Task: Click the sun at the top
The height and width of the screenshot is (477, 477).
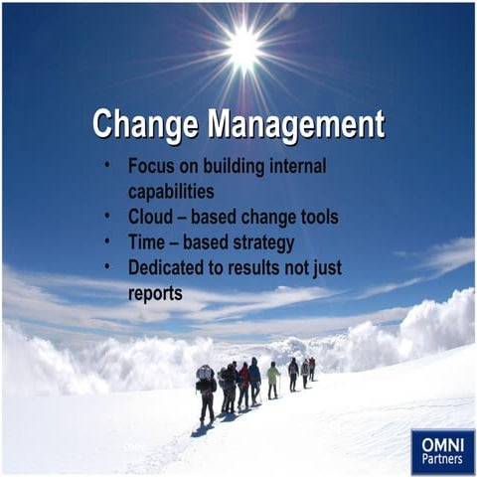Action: click(x=241, y=45)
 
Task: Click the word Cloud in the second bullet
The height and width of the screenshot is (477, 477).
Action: click(x=151, y=217)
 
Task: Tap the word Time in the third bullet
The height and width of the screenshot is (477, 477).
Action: click(x=148, y=241)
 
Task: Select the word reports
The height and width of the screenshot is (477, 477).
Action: click(x=155, y=293)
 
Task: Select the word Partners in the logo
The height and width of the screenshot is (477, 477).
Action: click(x=442, y=460)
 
